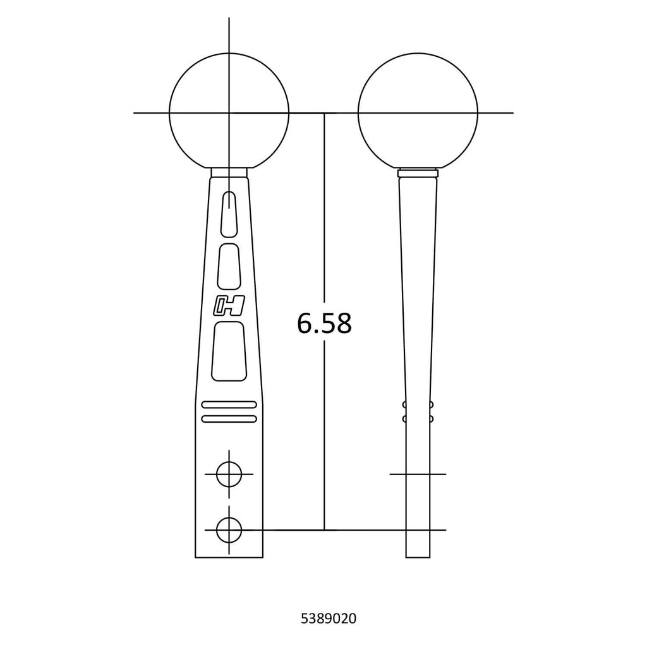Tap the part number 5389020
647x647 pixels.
pos(329,619)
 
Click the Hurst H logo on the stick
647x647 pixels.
pos(229,306)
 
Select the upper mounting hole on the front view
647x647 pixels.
pos(229,474)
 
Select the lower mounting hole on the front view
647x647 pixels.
pos(229,530)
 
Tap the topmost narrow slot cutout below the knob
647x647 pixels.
pos(229,215)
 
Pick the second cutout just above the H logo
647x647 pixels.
pos(229,266)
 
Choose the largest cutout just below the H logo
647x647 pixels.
pos(229,351)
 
